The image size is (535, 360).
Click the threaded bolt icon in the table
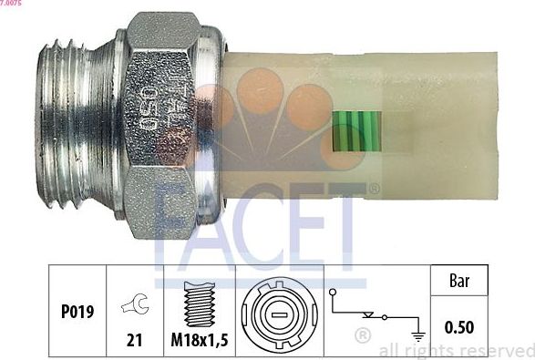(x=199, y=302)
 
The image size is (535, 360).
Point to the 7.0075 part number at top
(x=14, y=5)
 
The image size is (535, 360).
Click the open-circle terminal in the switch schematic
(x=334, y=293)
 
